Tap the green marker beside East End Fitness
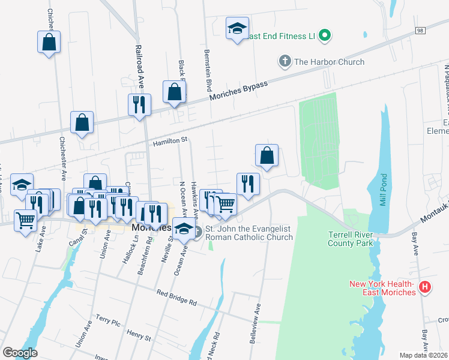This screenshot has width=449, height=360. click(x=325, y=36)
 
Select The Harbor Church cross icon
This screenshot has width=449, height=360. click(x=285, y=61)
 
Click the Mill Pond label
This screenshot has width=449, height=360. click(x=384, y=191)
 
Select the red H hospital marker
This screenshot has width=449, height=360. click(x=425, y=287)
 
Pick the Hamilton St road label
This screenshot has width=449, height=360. click(x=170, y=141)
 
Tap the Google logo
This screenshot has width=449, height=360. click(x=20, y=352)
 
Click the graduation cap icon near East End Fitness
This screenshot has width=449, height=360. click(x=237, y=28)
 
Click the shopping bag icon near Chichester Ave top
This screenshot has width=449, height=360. click(x=49, y=43)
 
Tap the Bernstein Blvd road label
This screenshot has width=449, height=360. click(x=208, y=67)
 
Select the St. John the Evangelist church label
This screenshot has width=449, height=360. click(x=249, y=233)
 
